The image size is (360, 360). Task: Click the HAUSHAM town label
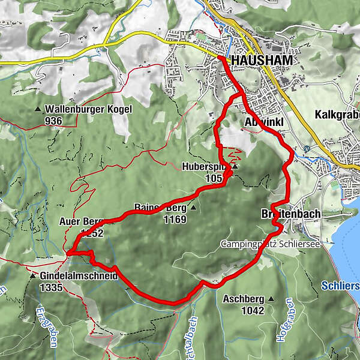[261, 61]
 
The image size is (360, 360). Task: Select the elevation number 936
[69, 120]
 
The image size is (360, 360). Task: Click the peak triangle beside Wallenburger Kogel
[38, 109]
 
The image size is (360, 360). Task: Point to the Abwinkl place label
[262, 122]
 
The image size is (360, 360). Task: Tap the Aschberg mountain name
[243, 298]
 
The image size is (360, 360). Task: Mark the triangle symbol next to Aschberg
[271, 298]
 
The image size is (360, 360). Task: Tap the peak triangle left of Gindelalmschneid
[32, 277]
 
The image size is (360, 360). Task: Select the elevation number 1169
[174, 220]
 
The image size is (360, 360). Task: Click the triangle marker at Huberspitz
[236, 167]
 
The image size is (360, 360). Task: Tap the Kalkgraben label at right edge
[336, 114]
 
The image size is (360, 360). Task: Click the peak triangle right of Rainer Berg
[193, 208]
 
